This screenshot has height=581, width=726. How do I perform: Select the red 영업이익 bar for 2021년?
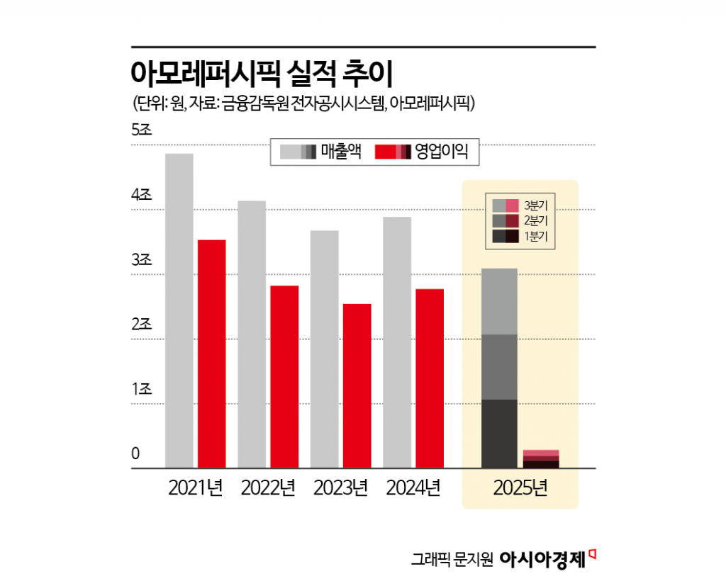point(211,354)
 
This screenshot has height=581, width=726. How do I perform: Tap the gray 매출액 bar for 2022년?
point(252,334)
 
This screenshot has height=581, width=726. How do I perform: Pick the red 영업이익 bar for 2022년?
point(284,376)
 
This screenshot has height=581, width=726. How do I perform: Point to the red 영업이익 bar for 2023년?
point(357,385)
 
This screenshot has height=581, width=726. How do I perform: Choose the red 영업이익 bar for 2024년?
point(430,378)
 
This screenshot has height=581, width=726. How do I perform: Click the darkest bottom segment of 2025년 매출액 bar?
point(499,434)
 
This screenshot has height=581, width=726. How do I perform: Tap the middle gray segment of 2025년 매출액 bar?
point(499,366)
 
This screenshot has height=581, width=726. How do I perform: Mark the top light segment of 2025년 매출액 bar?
point(499,301)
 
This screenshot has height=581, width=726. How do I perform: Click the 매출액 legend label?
point(341,151)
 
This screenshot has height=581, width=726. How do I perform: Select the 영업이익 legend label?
point(442,151)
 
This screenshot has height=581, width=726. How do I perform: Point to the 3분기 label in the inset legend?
point(535,205)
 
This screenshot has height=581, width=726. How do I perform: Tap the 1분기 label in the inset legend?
point(535,237)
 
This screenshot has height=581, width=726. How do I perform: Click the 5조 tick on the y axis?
point(142,130)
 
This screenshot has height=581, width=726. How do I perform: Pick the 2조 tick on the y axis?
point(142,325)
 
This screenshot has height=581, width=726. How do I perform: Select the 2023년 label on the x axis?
point(340,488)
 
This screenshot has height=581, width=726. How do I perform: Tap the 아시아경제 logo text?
point(542,559)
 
